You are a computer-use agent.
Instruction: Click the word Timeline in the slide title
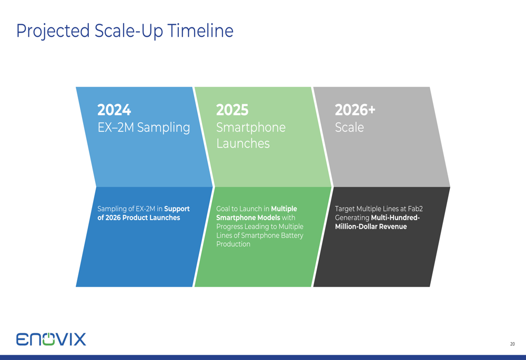(200, 31)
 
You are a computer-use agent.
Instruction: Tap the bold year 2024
(114, 110)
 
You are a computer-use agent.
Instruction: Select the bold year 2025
(232, 110)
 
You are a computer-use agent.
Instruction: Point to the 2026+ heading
(355, 110)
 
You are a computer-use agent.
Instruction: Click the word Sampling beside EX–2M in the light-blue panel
(164, 128)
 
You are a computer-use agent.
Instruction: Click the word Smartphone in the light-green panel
(250, 127)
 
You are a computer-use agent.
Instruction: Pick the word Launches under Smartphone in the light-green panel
(243, 143)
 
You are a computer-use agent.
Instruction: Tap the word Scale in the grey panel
(349, 127)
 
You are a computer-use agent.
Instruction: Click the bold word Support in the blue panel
(177, 209)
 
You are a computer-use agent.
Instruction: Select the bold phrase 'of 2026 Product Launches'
(138, 218)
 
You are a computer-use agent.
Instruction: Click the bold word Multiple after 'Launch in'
(284, 209)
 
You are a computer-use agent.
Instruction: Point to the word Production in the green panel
(233, 244)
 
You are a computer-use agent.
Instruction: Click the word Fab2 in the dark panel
(416, 209)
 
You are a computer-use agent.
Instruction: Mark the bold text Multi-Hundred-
(395, 218)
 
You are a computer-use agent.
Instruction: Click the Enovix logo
(51, 339)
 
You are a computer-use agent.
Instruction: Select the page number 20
(512, 344)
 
